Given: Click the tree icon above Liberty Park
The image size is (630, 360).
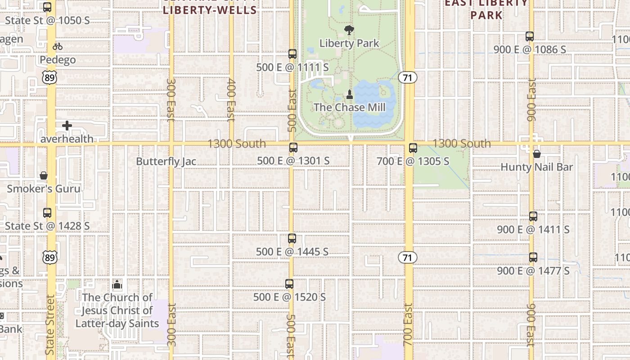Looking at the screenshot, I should point(349,31).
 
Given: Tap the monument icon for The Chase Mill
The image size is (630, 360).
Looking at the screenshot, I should point(349,94).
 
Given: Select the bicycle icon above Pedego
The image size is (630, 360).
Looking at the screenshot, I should point(58,46).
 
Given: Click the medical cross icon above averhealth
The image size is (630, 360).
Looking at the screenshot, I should point(67,126).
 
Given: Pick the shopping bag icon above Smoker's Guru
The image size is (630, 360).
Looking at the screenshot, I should point(44,175).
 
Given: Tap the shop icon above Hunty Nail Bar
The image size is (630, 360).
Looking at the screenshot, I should point(536,154).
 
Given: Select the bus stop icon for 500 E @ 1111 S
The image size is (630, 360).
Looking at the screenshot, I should point(292,54).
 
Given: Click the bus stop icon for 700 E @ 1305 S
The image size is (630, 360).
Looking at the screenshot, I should point(413,148).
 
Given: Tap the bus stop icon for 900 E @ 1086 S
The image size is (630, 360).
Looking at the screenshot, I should point(530,36).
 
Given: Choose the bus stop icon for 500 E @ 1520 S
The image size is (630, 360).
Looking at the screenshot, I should point(289,284).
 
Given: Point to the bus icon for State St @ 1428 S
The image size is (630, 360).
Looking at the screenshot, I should point(47,213).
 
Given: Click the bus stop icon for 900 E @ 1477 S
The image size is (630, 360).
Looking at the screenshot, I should point(533,257).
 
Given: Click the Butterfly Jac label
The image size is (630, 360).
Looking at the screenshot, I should point(166,162).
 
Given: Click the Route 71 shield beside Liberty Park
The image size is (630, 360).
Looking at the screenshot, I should point(408,77).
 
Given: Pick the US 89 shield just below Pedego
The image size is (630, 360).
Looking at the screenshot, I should point(50,78).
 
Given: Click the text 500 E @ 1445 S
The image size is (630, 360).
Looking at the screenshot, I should point(292,252).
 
